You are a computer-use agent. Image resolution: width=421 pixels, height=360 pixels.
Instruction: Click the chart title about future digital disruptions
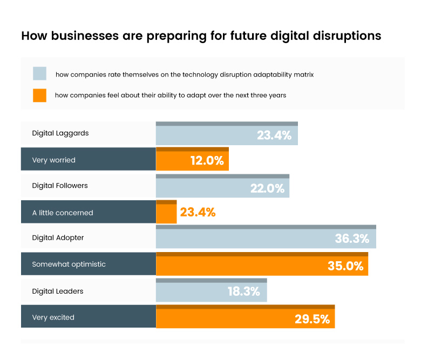click(201, 36)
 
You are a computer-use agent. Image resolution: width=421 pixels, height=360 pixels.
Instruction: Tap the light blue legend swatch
click(39, 74)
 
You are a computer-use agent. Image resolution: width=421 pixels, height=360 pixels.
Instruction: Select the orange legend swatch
click(39, 95)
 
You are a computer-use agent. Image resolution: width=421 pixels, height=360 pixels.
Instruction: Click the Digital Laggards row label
click(60, 133)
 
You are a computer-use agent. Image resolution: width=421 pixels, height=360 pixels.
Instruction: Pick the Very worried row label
click(54, 160)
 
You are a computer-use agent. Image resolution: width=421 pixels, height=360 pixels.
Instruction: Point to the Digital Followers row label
click(60, 186)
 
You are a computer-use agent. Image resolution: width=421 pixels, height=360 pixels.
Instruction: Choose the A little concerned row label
click(63, 213)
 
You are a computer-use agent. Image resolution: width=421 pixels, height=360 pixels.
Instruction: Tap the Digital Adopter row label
click(58, 237)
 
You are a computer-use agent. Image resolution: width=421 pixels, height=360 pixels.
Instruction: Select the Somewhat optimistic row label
click(69, 264)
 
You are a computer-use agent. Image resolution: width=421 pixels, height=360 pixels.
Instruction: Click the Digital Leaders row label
click(58, 291)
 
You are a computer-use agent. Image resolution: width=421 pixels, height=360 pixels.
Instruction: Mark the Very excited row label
click(53, 317)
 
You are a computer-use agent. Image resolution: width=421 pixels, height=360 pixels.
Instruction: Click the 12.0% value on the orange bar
click(207, 161)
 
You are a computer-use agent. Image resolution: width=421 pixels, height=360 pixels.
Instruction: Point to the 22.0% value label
click(267, 188)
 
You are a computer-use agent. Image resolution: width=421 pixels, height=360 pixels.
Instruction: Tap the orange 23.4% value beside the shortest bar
click(198, 213)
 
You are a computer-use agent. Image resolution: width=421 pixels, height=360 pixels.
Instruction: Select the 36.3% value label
click(352, 239)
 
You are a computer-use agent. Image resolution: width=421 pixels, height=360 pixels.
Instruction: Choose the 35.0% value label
click(345, 266)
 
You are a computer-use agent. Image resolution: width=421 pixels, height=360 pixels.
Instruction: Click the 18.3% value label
click(244, 292)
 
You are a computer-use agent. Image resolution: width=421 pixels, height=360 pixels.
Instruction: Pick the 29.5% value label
click(312, 319)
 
